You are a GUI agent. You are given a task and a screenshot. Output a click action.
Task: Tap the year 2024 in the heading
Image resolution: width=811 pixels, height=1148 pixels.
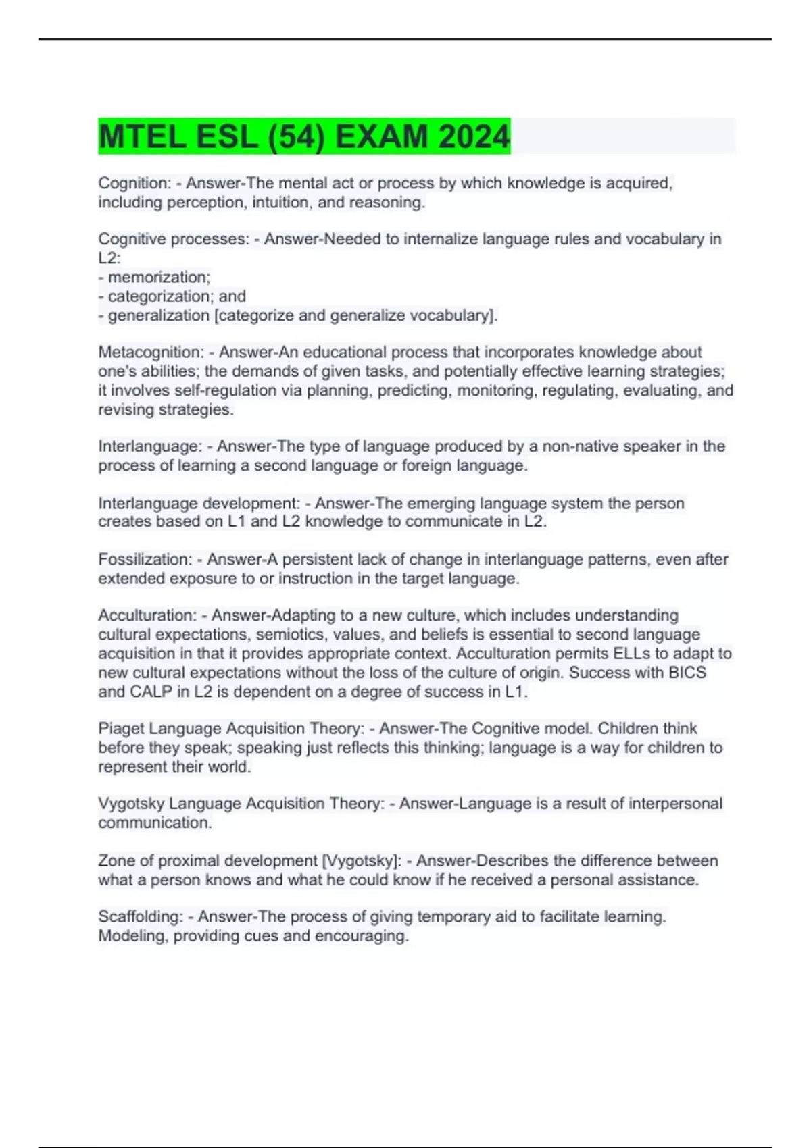[473, 137]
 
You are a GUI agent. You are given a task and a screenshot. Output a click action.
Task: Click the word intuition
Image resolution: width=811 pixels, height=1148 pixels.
[280, 203]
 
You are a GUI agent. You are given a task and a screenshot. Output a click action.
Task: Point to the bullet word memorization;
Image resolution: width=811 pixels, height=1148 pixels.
[159, 278]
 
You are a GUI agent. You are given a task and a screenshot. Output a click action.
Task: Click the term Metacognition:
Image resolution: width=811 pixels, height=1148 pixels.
[151, 353]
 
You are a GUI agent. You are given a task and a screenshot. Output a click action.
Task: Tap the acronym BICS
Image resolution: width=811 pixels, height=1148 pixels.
[687, 673]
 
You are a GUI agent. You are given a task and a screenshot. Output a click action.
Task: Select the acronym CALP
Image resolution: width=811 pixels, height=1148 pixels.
[151, 692]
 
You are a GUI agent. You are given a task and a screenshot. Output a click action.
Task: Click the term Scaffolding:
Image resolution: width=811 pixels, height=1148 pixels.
[141, 917]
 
